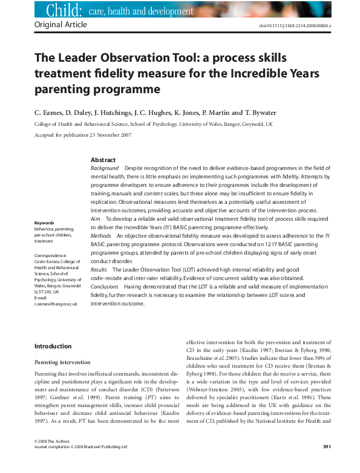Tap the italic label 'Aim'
pyautogui.click(x=94, y=216)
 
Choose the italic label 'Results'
pyautogui.click(x=99, y=267)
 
